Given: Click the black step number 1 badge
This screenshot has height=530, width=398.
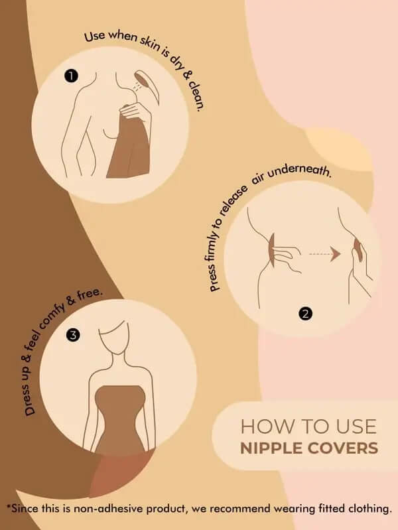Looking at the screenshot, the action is [x=71, y=76].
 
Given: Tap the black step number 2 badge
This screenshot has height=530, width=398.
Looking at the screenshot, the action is [x=305, y=314].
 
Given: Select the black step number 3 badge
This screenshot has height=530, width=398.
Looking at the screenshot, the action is [x=74, y=335].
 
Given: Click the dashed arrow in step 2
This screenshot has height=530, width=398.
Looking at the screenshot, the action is [x=324, y=253].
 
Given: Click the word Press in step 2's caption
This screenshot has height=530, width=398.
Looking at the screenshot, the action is [x=214, y=278].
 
